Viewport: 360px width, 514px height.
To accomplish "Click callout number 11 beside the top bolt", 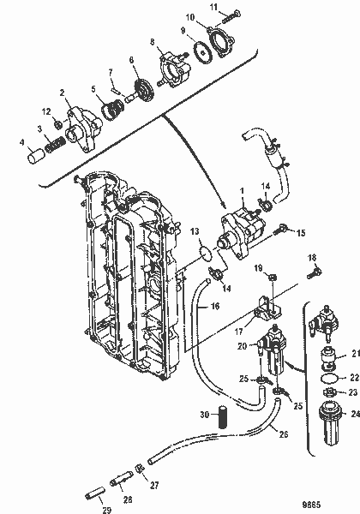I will (214, 7).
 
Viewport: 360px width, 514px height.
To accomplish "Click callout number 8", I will (153, 41).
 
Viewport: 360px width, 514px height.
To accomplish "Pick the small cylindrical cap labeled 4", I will (34, 157).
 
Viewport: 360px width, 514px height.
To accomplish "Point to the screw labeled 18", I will (314, 272).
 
